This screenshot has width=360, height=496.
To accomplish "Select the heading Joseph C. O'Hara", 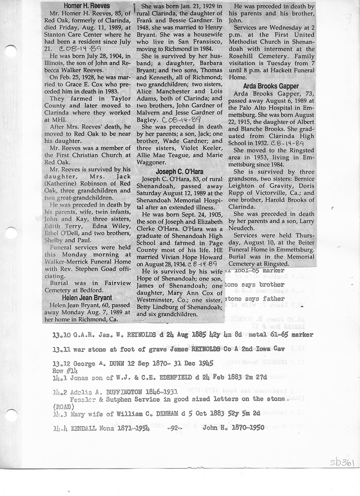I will click(x=179, y=171).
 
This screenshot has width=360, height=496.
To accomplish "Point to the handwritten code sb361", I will click(x=341, y=462).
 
